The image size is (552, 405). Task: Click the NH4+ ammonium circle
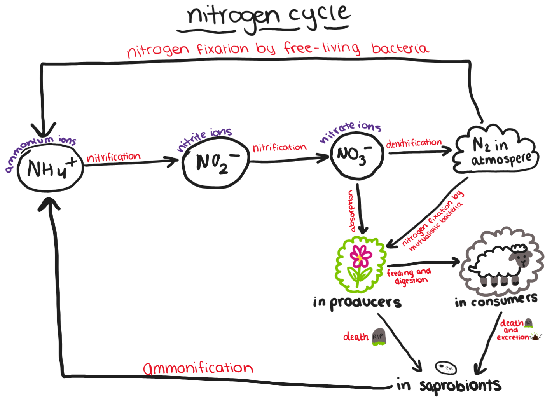51,169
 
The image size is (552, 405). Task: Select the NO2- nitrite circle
216,162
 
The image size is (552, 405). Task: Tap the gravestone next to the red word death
378,337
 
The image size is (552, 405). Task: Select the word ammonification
198,368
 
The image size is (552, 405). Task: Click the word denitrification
414,143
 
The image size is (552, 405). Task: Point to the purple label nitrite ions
204,138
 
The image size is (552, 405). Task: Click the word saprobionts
460,386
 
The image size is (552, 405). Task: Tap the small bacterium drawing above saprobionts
445,367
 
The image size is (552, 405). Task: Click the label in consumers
496,300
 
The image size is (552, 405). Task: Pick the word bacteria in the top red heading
400,48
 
